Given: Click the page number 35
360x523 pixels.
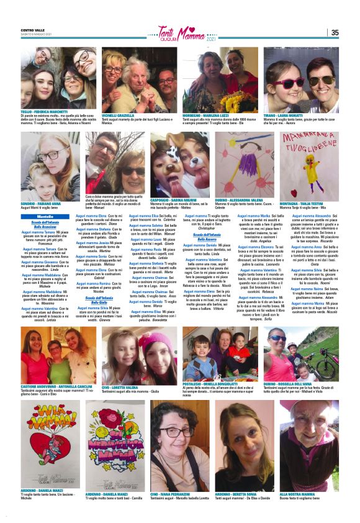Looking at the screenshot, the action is [334, 33].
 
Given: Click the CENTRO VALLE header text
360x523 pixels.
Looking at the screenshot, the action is [32, 29].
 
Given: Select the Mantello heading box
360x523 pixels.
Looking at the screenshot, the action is [45, 216].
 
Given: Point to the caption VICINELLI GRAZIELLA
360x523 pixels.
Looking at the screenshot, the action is [118, 115].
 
